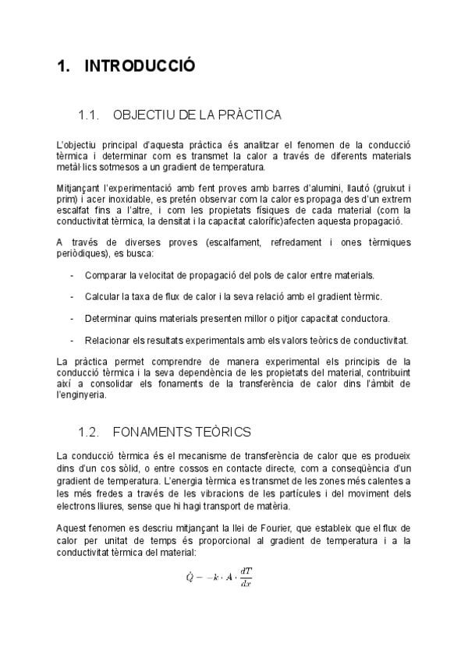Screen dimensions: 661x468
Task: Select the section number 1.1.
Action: point(90,115)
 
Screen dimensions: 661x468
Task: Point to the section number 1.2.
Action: point(90,430)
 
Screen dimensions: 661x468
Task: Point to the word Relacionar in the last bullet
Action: point(108,340)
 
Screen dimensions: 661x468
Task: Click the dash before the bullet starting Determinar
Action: point(72,318)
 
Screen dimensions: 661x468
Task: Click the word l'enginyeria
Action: point(81,394)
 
